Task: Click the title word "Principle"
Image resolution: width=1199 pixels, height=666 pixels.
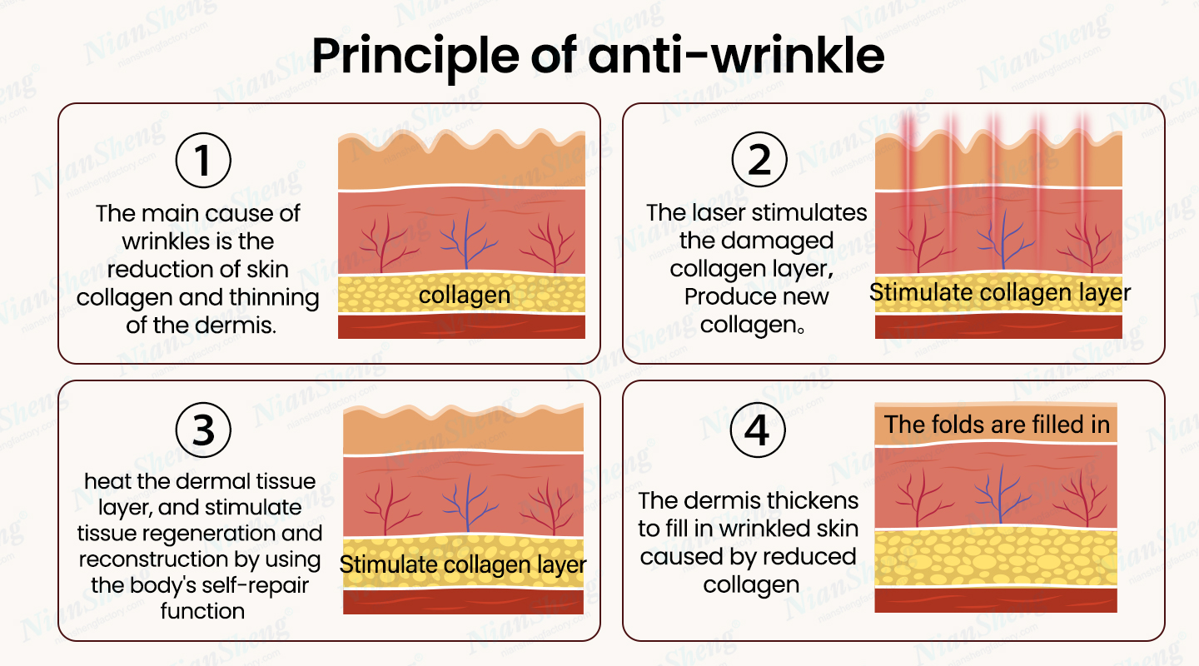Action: click(x=415, y=57)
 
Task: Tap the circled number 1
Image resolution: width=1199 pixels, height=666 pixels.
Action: click(x=203, y=160)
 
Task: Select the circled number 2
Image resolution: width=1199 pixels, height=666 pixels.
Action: click(x=759, y=160)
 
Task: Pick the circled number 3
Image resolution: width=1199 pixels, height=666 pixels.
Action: click(x=203, y=430)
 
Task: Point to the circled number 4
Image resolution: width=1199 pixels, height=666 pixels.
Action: click(x=758, y=430)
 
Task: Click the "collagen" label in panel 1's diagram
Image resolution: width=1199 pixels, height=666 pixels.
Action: click(x=464, y=295)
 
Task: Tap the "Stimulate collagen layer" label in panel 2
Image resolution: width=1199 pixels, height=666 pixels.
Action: click(x=1000, y=293)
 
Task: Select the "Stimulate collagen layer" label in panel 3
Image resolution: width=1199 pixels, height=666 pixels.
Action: click(x=463, y=564)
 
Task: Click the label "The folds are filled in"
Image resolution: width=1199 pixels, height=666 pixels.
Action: click(x=997, y=425)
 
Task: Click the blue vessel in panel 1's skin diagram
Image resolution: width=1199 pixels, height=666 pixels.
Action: click(x=467, y=239)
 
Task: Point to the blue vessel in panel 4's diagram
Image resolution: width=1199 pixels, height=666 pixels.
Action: click(x=1001, y=494)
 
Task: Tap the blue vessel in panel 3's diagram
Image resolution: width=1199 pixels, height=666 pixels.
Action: click(x=469, y=503)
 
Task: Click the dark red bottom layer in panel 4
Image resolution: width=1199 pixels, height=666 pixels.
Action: click(x=996, y=600)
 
